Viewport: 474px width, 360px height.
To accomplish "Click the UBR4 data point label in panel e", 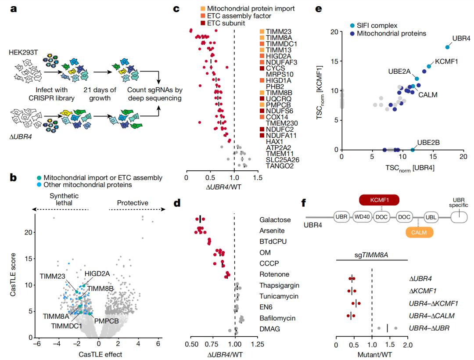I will tap(461, 39).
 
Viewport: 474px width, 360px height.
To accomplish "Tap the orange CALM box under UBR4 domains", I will tap(419, 231).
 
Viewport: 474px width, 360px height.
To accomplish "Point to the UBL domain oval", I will tap(432, 217).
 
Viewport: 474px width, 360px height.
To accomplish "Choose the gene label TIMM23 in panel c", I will tap(276, 31).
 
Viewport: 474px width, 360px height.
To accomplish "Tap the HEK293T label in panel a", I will tap(23, 52).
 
